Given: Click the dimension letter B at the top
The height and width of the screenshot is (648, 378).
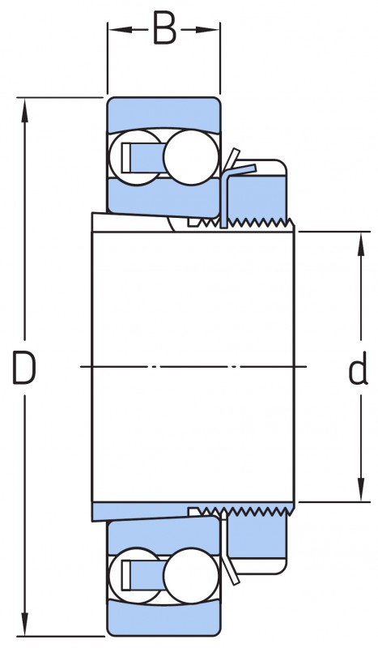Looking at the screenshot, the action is (164, 28).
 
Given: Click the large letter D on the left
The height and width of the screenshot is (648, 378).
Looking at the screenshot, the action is (24, 367).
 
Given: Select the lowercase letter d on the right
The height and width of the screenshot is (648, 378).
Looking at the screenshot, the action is (358, 368).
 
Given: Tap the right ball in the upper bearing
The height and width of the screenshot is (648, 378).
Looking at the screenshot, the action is (190, 157).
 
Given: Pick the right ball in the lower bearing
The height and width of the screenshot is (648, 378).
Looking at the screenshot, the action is (190, 575).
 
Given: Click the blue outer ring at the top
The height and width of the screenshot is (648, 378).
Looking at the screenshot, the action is (164, 114).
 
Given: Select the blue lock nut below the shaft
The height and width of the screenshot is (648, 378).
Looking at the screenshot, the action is (257, 536).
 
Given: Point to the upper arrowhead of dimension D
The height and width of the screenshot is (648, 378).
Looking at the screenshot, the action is (25, 109).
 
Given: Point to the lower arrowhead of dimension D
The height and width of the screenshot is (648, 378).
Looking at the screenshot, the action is (25, 625).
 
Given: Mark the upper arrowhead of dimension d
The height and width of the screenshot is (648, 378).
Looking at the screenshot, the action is (361, 244).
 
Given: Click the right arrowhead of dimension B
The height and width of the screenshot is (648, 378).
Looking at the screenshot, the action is (207, 29).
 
